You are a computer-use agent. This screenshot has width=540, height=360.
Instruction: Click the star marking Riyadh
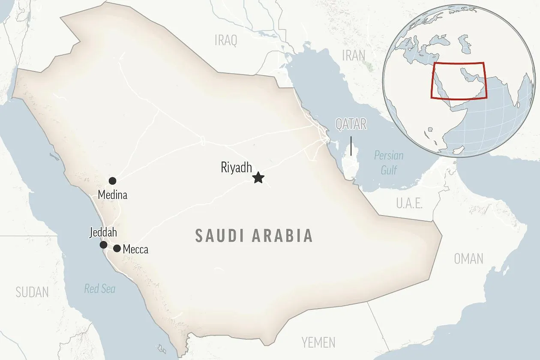[258, 177]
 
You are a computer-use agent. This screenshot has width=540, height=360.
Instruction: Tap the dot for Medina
[112, 181]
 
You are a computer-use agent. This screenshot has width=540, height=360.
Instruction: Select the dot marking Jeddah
[103, 245]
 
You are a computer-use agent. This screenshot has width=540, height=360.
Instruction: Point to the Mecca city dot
[117, 248]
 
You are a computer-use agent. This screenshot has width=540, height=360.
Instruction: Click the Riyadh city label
[236, 168]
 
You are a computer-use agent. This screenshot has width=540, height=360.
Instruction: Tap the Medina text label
[112, 195]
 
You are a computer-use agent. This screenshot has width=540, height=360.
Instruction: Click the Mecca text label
[135, 249]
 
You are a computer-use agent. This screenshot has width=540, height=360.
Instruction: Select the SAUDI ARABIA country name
[254, 236]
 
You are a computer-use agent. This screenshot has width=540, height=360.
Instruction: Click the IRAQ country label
[225, 41]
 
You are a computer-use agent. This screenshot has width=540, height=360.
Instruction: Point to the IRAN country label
[354, 55]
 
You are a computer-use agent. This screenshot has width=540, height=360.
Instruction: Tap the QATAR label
[351, 124]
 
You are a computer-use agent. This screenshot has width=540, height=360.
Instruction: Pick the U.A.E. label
[409, 203]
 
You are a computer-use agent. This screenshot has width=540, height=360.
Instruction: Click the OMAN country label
[468, 258]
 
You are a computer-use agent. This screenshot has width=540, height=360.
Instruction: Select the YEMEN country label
[318, 342]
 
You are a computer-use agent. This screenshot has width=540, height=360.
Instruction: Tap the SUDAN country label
[32, 292]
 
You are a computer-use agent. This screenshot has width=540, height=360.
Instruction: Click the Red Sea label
[99, 289]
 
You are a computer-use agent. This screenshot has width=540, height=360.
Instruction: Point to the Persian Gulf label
[389, 163]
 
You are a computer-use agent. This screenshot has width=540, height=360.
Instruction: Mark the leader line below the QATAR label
[351, 146]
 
